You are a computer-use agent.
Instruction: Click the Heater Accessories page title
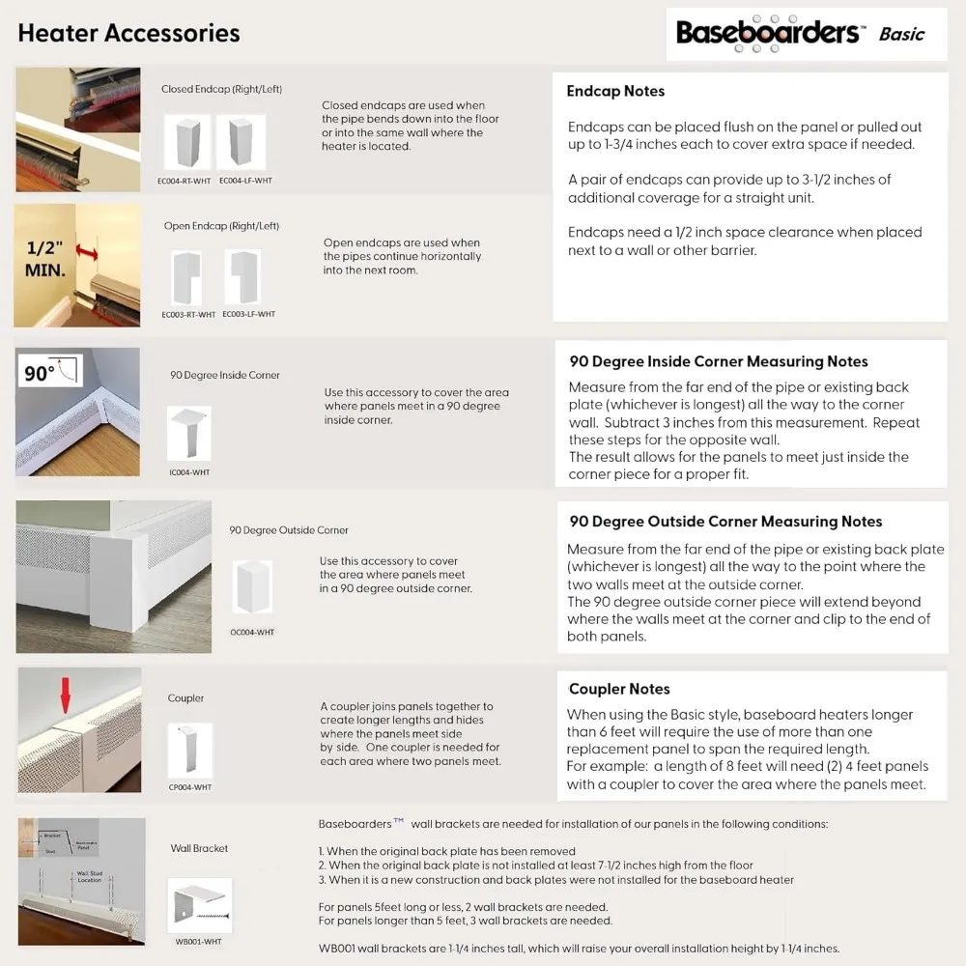128,33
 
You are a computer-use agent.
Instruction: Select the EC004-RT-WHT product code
184,181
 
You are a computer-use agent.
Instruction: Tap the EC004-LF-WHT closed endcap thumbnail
241,142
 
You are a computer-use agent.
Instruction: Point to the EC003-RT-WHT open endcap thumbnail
186,278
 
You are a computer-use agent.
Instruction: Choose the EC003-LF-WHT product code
248,314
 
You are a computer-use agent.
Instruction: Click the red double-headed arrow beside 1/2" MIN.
88,254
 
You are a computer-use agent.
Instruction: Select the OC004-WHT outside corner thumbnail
252,586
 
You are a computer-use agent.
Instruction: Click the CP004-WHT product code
189,787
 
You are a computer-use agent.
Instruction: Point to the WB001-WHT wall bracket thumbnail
199,905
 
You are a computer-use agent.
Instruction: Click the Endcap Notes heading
615,91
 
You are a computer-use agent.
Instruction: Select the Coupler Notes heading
619,689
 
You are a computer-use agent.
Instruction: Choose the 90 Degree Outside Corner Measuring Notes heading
725,522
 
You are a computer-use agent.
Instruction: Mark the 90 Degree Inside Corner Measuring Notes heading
718,361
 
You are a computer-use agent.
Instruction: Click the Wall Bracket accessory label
199,848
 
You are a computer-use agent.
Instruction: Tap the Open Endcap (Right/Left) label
221,226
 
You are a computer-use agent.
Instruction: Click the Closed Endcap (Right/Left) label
221,89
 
